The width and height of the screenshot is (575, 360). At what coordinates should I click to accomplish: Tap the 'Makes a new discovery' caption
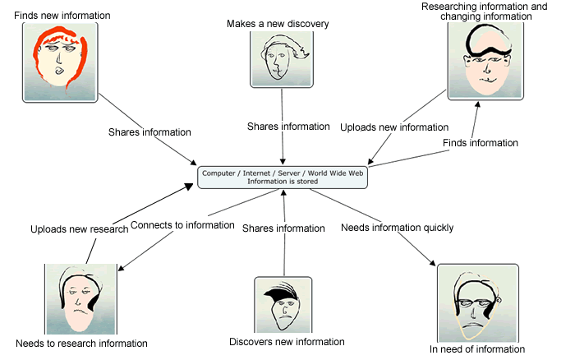278,24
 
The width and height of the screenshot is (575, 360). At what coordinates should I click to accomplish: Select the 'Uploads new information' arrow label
394,127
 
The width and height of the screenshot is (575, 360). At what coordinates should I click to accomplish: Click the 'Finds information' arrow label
481,143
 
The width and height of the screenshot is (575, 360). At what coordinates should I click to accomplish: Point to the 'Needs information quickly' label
397,228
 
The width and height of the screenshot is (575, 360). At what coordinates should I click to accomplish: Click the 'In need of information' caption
476,349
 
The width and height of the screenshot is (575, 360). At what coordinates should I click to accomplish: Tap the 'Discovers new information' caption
287,342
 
